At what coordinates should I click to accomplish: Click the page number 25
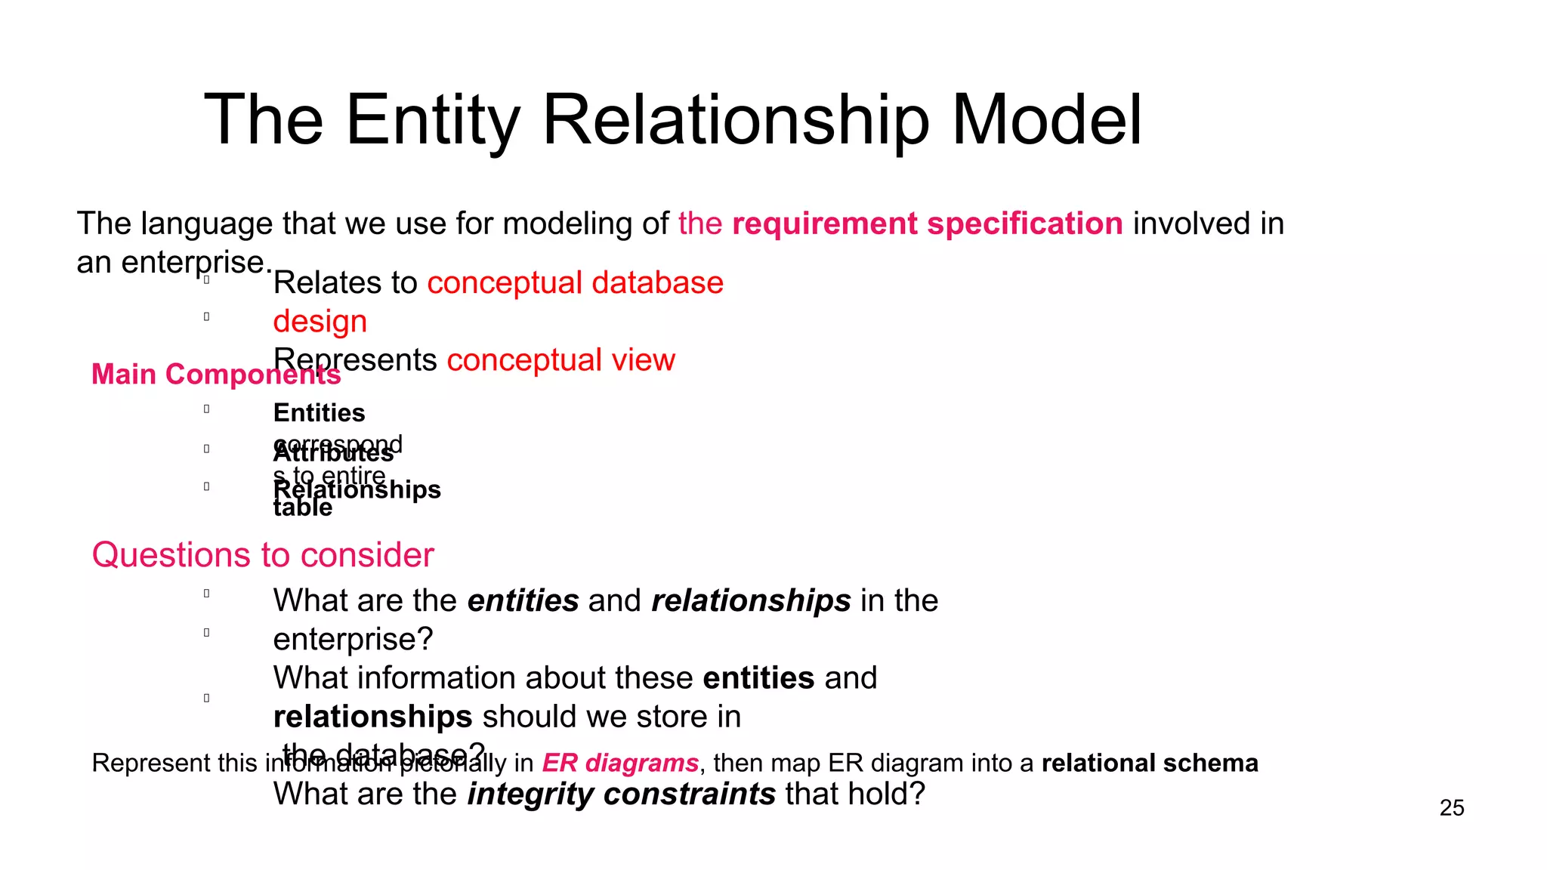click(1451, 808)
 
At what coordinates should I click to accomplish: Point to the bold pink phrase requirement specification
click(927, 224)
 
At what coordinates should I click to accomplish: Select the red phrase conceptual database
click(575, 282)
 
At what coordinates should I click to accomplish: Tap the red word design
click(320, 321)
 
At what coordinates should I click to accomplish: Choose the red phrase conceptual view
click(560, 359)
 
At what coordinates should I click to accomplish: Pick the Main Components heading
click(215, 375)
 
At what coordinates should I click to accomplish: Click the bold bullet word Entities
click(319, 413)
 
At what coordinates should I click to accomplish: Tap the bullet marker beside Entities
click(206, 409)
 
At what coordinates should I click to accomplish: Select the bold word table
click(302, 508)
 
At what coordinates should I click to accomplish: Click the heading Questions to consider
click(262, 555)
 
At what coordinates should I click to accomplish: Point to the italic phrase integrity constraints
click(621, 794)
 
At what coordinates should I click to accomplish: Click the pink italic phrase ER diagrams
click(620, 763)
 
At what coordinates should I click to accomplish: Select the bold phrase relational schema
click(1150, 763)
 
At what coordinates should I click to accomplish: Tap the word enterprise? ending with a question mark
click(353, 639)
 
